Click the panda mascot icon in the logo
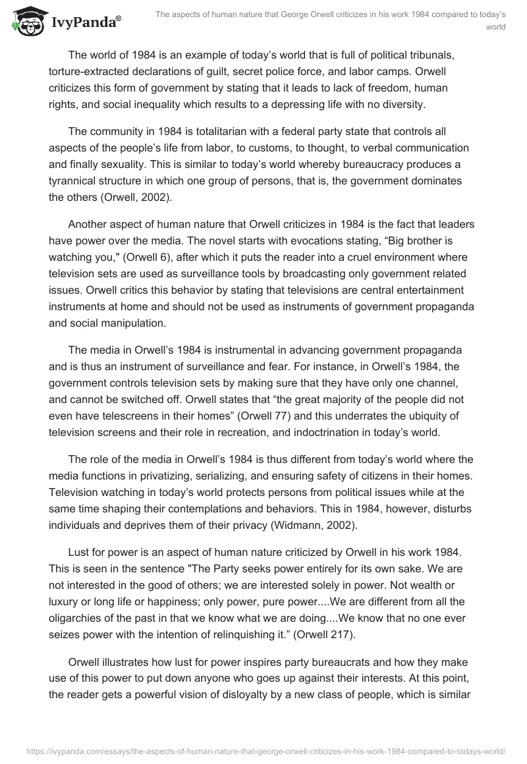pyautogui.click(x=24, y=22)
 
